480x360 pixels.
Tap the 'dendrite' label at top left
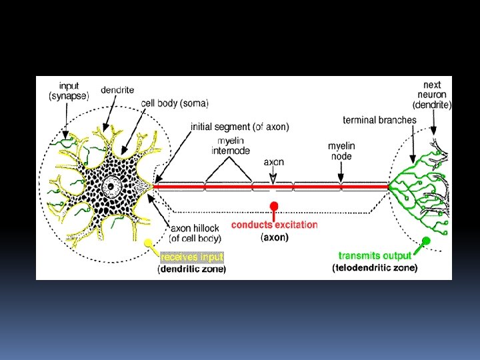click(x=118, y=90)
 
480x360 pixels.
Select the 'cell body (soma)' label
click(x=175, y=104)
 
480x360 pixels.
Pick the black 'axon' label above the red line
click(x=274, y=162)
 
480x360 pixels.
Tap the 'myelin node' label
click(x=341, y=151)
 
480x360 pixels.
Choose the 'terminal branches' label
click(x=379, y=121)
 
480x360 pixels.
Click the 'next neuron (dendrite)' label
click(x=432, y=95)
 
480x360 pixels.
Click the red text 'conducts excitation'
click(x=275, y=225)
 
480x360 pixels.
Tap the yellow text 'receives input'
click(x=192, y=257)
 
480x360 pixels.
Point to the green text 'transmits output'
click(x=375, y=256)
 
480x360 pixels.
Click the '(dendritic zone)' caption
click(x=192, y=269)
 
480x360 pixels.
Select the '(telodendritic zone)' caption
click(x=375, y=268)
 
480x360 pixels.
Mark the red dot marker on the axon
click(x=273, y=205)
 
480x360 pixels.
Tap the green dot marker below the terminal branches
click(x=426, y=241)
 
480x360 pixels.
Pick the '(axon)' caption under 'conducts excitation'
click(x=275, y=236)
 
